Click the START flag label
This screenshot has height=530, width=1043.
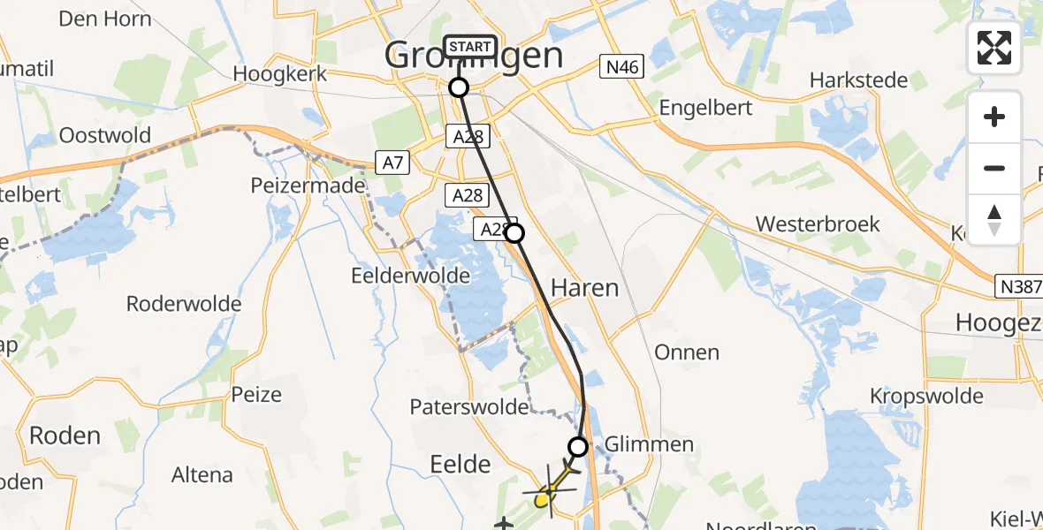[x=470, y=47]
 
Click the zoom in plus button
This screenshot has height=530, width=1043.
[x=994, y=117]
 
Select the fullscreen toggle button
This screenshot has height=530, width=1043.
[x=994, y=47]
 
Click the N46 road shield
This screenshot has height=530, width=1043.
[x=622, y=66]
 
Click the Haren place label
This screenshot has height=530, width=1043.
[x=584, y=288]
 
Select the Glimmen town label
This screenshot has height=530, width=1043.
[x=650, y=443]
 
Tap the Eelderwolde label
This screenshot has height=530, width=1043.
[x=410, y=275]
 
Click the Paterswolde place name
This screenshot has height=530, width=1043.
[x=468, y=407]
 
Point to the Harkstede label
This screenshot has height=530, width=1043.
[x=859, y=80]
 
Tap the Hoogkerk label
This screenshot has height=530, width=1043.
[x=280, y=73]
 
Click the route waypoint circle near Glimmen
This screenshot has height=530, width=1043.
[x=578, y=447]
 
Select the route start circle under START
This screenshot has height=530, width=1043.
[x=459, y=87]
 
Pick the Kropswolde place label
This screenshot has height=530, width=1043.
[x=926, y=395]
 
